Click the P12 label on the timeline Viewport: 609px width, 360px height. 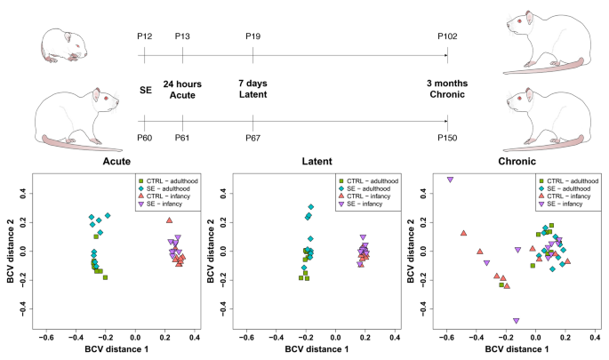click(146, 36)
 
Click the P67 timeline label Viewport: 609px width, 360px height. click(252, 136)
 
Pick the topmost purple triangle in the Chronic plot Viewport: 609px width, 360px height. click(451, 180)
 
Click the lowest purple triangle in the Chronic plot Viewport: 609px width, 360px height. click(516, 321)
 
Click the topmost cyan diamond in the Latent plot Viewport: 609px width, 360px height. click(311, 207)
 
